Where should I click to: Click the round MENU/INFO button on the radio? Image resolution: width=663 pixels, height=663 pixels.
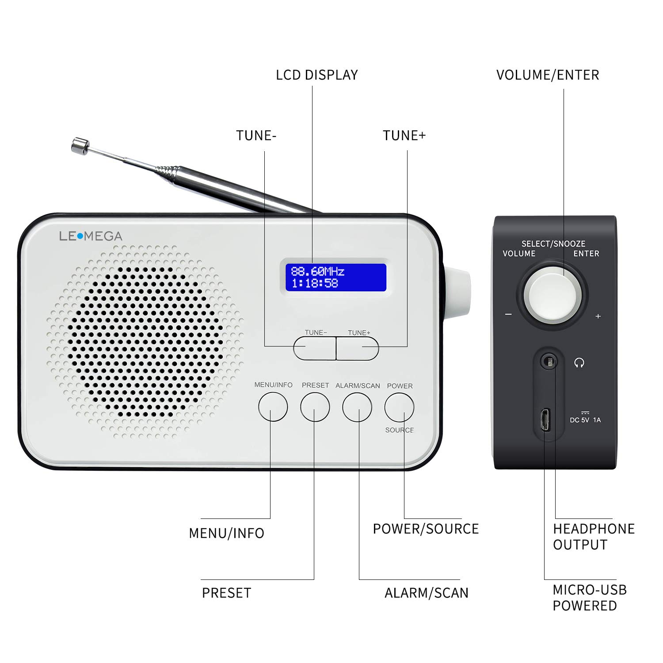click(x=273, y=407)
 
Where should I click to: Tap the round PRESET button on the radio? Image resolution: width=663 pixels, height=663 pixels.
click(x=315, y=407)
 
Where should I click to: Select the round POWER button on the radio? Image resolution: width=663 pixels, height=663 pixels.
click(x=399, y=407)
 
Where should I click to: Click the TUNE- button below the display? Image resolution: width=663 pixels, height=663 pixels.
click(x=314, y=348)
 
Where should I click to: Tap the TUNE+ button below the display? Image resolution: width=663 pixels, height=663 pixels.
click(x=358, y=348)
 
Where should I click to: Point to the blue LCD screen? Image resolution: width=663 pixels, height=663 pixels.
click(x=336, y=277)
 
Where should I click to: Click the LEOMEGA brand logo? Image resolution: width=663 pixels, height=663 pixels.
click(x=91, y=236)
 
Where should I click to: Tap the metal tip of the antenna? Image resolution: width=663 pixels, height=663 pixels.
click(x=80, y=146)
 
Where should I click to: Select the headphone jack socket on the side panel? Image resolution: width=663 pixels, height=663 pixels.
click(x=549, y=362)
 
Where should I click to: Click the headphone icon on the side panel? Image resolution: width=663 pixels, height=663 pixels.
click(x=579, y=363)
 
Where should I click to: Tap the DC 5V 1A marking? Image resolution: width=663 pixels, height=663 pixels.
click(x=585, y=419)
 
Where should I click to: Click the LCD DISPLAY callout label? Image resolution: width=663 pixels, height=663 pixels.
click(x=317, y=75)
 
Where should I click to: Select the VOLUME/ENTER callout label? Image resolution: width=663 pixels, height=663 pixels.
click(x=548, y=75)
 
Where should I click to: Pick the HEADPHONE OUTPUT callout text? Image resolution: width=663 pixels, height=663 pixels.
click(x=593, y=537)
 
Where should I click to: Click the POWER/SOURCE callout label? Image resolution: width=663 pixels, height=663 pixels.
click(x=426, y=529)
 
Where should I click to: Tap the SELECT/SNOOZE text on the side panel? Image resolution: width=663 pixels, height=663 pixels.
click(x=553, y=244)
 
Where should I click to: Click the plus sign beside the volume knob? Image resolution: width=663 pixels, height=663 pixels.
click(x=598, y=316)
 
